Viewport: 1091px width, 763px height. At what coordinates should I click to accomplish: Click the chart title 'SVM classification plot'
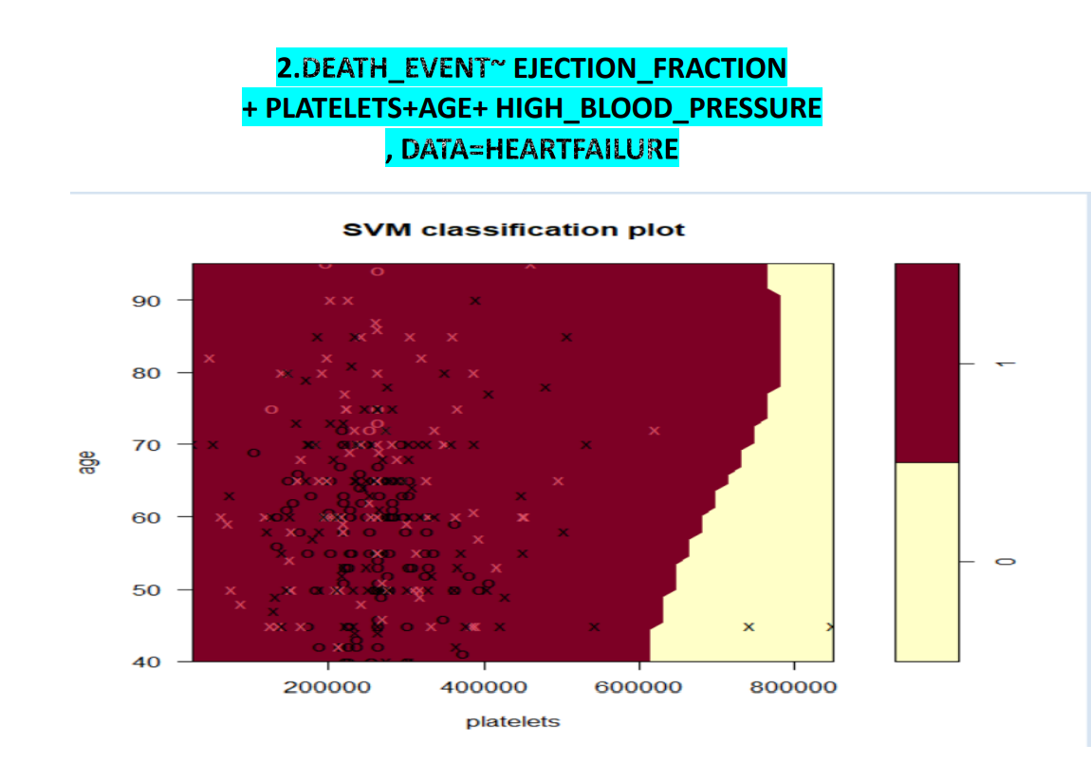(x=512, y=230)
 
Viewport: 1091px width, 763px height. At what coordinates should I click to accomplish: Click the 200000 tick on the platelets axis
(x=327, y=685)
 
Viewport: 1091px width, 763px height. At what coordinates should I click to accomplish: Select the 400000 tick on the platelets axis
(x=484, y=685)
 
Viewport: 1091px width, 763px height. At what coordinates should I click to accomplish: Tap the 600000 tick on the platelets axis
(x=638, y=685)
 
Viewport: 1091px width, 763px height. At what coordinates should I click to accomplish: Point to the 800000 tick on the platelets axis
(x=794, y=685)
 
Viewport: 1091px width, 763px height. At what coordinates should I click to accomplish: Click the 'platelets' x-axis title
(x=512, y=721)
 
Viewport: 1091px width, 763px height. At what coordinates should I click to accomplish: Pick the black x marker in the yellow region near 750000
(x=749, y=626)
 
